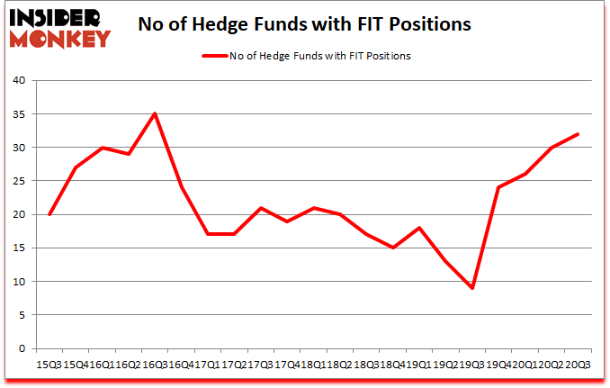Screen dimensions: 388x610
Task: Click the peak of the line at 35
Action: [154, 113]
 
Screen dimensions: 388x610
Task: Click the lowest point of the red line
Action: [472, 288]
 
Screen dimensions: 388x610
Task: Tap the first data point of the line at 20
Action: [49, 214]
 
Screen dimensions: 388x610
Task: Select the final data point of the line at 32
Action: [578, 134]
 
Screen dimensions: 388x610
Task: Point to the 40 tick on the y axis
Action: [20, 80]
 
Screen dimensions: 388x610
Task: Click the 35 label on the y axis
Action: [20, 114]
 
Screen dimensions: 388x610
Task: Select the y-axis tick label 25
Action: [20, 181]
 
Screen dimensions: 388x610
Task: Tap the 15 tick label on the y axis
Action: [20, 248]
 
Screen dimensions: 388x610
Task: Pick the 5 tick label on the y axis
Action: [22, 315]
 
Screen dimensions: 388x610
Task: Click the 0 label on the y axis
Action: [22, 348]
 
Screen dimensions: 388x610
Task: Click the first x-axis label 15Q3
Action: [49, 365]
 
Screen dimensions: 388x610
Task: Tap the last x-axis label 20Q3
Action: [578, 365]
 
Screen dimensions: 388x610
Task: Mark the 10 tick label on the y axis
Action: [20, 282]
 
